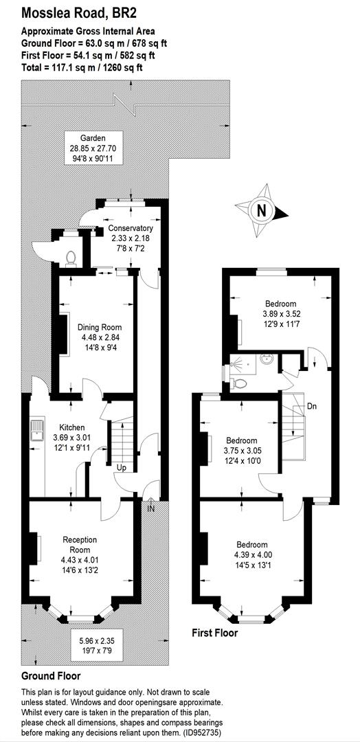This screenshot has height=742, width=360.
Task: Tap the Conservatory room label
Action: pyautogui.click(x=126, y=229)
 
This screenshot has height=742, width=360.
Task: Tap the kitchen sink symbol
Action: pyautogui.click(x=37, y=431)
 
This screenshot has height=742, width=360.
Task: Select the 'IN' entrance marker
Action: pyautogui.click(x=150, y=509)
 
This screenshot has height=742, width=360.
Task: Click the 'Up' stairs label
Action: pyautogui.click(x=121, y=467)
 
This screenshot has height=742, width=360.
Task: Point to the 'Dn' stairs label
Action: pyautogui.click(x=311, y=405)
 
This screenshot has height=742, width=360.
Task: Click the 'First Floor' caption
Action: pyautogui.click(x=214, y=633)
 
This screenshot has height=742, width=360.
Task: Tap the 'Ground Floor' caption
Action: pyautogui.click(x=51, y=675)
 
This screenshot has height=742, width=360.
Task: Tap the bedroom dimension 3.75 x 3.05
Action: pyautogui.click(x=242, y=451)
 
